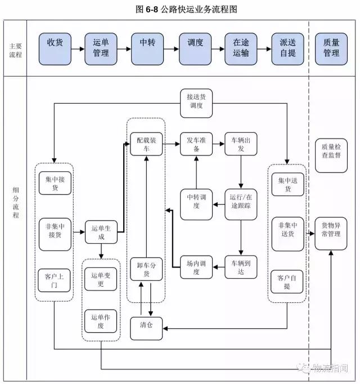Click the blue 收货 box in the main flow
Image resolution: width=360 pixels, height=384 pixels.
click(55, 48)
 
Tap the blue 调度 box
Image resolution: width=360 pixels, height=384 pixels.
click(195, 48)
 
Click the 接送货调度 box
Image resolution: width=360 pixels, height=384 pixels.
click(196, 101)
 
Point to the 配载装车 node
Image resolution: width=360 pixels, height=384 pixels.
click(146, 145)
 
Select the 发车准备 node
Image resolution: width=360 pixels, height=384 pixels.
click(196, 145)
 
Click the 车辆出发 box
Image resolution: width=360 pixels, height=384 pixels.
click(241, 145)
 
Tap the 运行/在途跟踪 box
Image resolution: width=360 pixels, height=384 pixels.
click(241, 203)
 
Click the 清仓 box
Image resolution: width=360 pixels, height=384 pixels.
click(146, 328)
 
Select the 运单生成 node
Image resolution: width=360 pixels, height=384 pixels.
click(102, 232)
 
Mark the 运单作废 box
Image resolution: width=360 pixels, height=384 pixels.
click(102, 322)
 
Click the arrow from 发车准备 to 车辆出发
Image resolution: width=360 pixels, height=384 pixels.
click(218, 145)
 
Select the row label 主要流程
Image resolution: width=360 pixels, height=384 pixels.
click(16, 48)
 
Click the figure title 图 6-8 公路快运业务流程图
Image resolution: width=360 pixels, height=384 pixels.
click(180, 9)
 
